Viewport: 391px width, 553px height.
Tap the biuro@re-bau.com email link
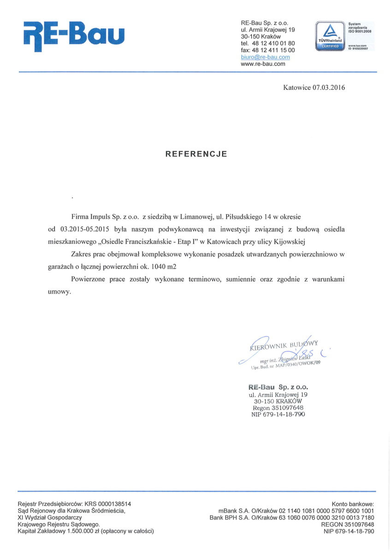click(x=265, y=57)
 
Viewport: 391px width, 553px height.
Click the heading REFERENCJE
click(x=196, y=154)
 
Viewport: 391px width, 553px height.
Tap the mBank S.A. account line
click(x=296, y=511)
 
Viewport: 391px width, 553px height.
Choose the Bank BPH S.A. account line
click(x=292, y=518)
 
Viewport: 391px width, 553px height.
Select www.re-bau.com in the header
click(x=263, y=64)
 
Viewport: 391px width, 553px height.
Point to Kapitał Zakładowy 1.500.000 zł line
click(x=85, y=531)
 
